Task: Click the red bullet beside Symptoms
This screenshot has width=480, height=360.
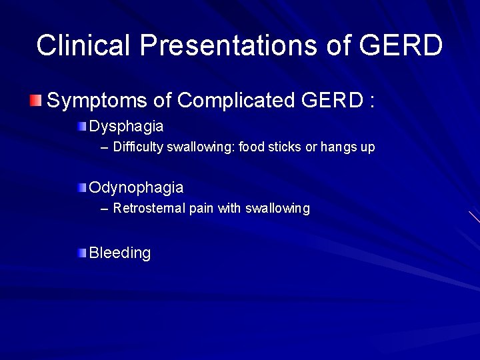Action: tap(35, 101)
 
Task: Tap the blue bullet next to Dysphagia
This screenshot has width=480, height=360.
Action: tap(81, 126)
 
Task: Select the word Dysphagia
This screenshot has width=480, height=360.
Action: tap(126, 126)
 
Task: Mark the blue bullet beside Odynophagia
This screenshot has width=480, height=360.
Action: tap(81, 188)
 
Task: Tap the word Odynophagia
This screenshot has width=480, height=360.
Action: tap(136, 188)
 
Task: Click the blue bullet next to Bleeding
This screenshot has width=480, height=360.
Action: tap(81, 253)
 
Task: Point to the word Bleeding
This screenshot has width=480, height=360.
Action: tap(120, 253)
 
